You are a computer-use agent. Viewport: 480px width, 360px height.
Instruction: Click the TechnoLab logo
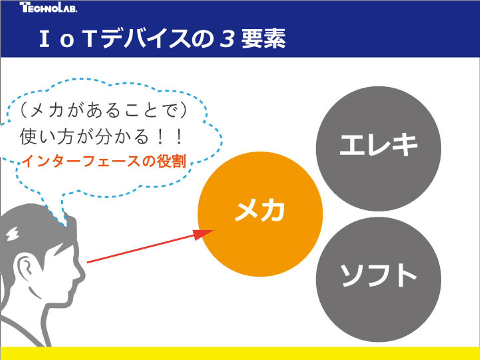click(48, 7)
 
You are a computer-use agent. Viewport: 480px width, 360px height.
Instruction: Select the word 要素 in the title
click(264, 39)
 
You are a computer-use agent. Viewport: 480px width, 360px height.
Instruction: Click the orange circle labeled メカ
click(260, 214)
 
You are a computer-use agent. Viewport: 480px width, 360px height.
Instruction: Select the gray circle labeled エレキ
click(378, 148)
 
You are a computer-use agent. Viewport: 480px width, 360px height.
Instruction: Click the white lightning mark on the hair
click(13, 233)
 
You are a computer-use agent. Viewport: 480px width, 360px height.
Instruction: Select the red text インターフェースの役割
click(104, 161)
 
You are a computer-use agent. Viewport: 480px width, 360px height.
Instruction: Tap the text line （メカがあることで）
click(104, 110)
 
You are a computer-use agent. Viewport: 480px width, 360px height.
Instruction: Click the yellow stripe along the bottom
click(240, 353)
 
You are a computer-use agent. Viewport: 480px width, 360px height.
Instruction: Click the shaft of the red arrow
click(140, 249)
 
